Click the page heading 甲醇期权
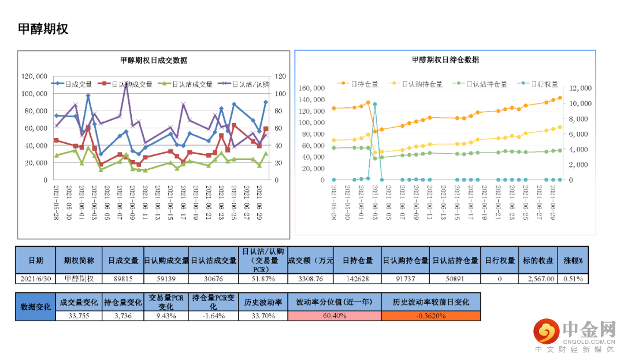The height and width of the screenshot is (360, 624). (x=43, y=29)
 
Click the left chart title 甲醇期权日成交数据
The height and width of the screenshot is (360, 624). (x=153, y=60)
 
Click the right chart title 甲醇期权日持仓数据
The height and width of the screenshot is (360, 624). (x=445, y=60)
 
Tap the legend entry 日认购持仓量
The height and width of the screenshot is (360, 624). (x=422, y=84)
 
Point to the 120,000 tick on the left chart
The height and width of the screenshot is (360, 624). (x=34, y=76)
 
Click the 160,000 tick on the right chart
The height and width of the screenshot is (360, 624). (x=313, y=88)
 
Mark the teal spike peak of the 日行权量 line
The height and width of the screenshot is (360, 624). (x=375, y=105)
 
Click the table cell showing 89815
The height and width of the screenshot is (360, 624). (x=122, y=279)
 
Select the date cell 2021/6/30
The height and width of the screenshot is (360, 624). (x=35, y=279)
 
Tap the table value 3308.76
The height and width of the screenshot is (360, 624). (x=311, y=279)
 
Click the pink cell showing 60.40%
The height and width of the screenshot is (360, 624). (x=335, y=316)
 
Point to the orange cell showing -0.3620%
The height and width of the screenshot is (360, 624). (x=430, y=316)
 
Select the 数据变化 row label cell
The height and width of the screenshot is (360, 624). (x=35, y=307)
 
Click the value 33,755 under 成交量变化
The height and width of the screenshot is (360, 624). (x=79, y=316)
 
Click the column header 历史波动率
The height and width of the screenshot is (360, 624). (x=262, y=302)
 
